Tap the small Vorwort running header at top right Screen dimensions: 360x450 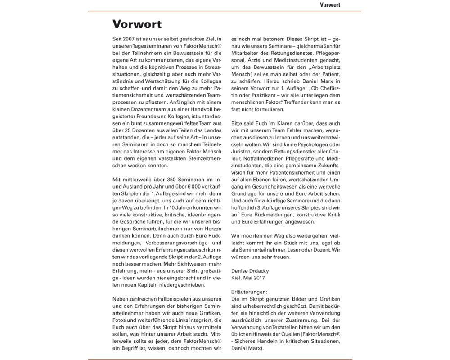pos(330,5)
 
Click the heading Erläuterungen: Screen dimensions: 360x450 pos(249,292)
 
